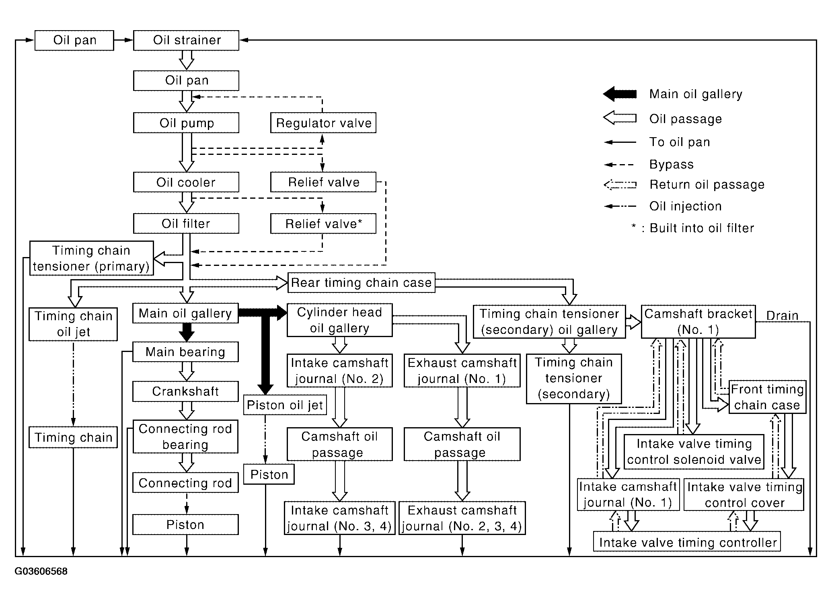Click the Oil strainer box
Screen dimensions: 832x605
point(186,40)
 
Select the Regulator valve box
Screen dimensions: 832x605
point(323,123)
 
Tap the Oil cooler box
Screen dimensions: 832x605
point(186,182)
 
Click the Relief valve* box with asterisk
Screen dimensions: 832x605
point(323,224)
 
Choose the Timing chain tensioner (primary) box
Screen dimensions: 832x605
point(91,258)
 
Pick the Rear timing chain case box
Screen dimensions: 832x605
point(362,282)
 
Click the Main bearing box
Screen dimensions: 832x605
point(185,352)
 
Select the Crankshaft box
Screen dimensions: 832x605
point(185,391)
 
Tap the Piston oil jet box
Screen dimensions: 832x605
point(285,405)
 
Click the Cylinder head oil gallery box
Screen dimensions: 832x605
point(339,320)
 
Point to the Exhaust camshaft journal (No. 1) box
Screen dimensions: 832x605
point(462,370)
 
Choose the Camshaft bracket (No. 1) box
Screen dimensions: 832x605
point(698,321)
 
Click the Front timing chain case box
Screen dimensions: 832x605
point(767,397)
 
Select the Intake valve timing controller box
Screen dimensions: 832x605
point(687,541)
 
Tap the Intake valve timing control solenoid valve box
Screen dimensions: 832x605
point(694,452)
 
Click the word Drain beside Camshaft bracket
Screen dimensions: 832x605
point(782,316)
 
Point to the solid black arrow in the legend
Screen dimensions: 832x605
point(620,94)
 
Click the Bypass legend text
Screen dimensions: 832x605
point(672,165)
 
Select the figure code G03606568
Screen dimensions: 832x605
point(41,571)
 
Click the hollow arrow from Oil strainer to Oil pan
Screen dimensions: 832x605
point(186,60)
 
